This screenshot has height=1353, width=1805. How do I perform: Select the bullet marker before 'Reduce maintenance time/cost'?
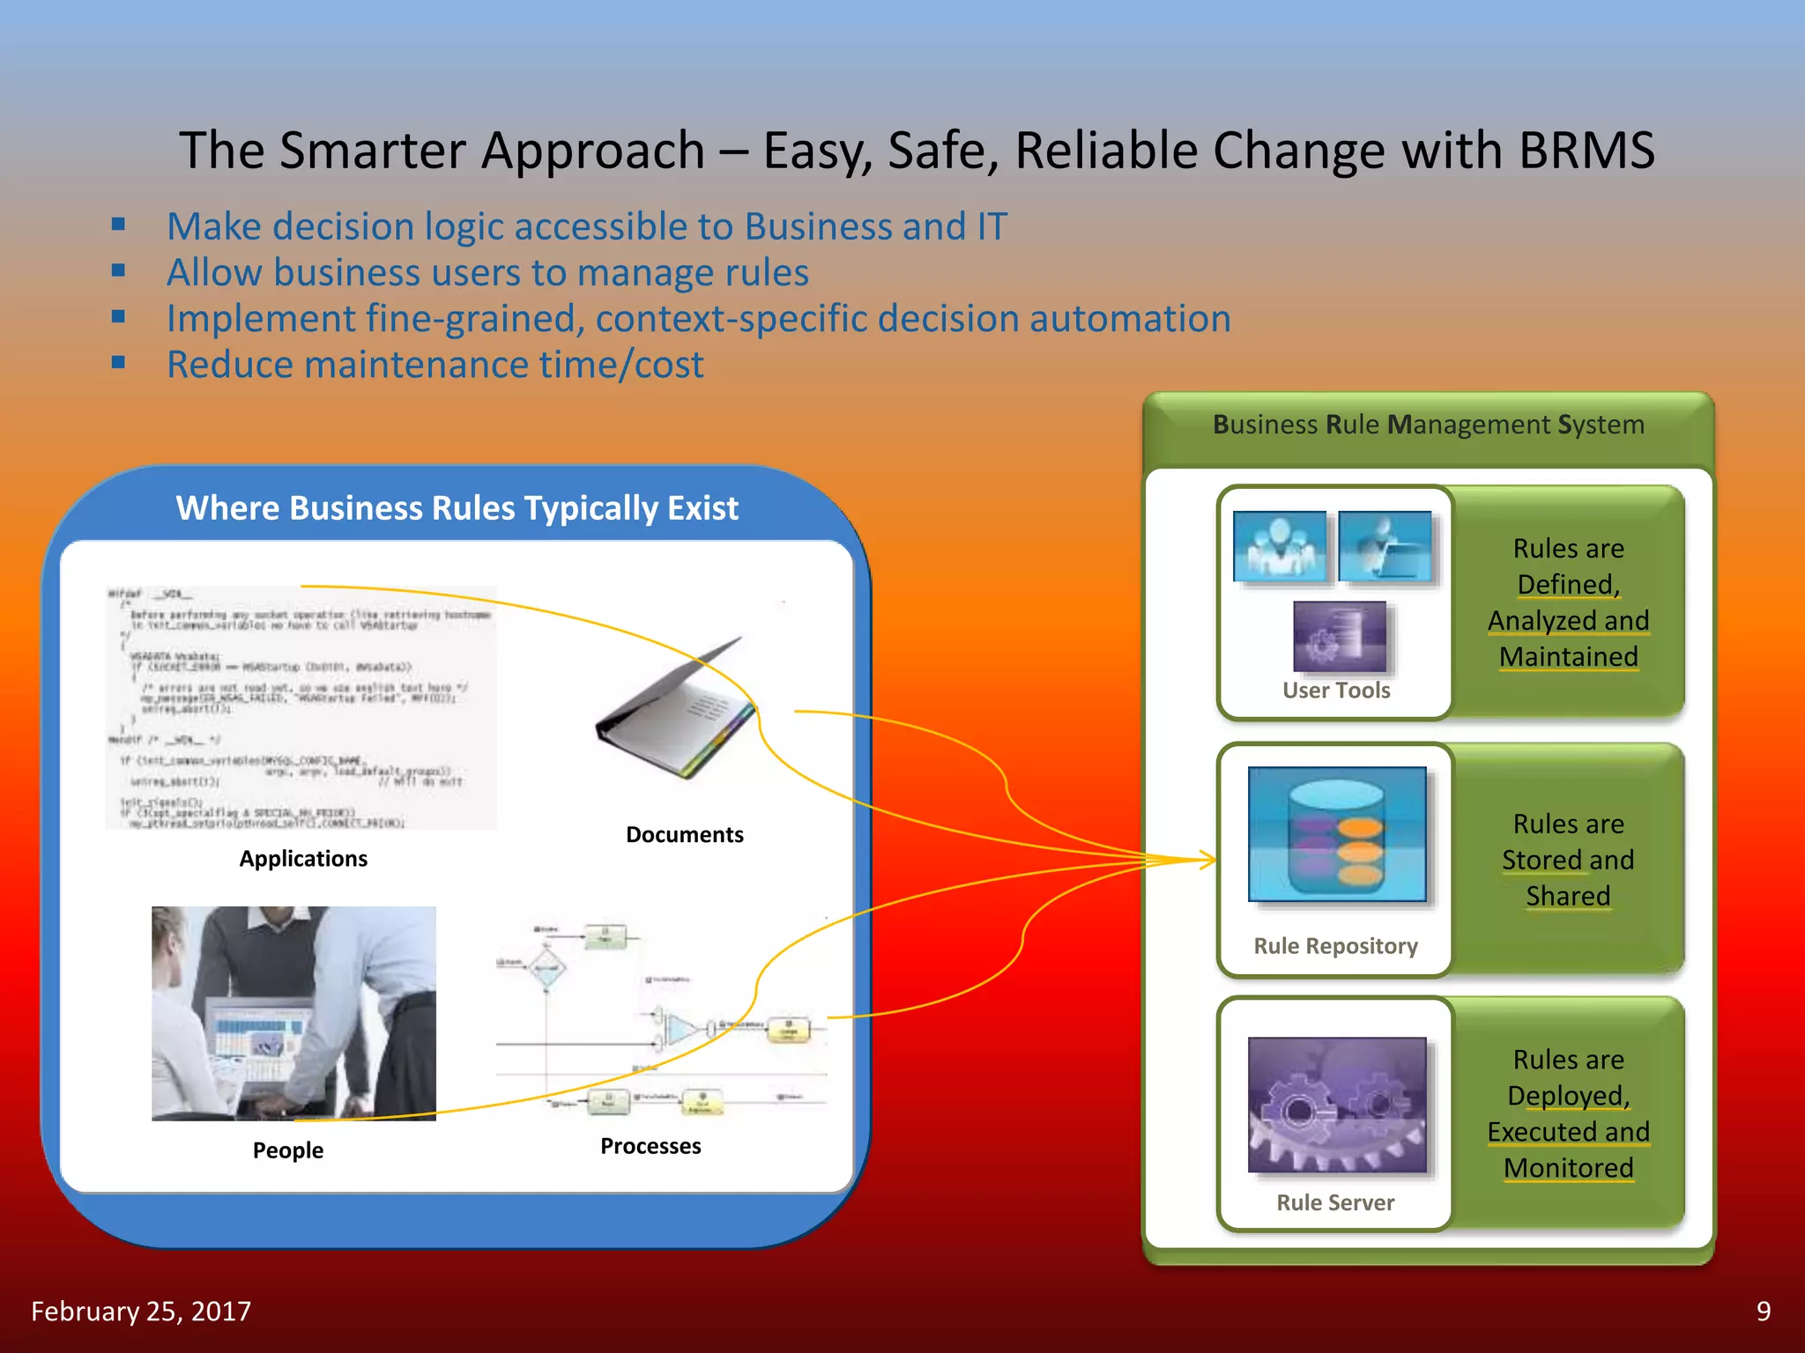click(x=119, y=362)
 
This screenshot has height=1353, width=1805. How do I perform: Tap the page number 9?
click(x=1763, y=1311)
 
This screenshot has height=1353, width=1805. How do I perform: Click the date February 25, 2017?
click(x=141, y=1311)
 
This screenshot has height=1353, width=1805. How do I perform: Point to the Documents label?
click(x=684, y=834)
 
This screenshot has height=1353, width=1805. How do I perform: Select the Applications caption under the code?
click(x=303, y=858)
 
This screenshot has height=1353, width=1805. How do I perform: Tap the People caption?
click(x=287, y=1150)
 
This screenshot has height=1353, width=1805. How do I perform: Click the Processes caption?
click(x=650, y=1146)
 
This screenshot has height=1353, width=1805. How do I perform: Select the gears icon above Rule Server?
click(x=1336, y=1105)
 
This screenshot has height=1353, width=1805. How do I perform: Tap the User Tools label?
click(x=1336, y=691)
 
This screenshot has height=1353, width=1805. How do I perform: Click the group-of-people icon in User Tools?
click(x=1280, y=546)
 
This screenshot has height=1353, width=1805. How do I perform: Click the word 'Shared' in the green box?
click(x=1568, y=896)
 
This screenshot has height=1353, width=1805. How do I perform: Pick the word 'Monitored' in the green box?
click(x=1568, y=1168)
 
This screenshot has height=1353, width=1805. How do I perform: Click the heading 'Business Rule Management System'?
click(x=1428, y=425)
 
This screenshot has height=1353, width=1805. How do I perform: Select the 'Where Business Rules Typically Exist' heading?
click(x=457, y=508)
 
